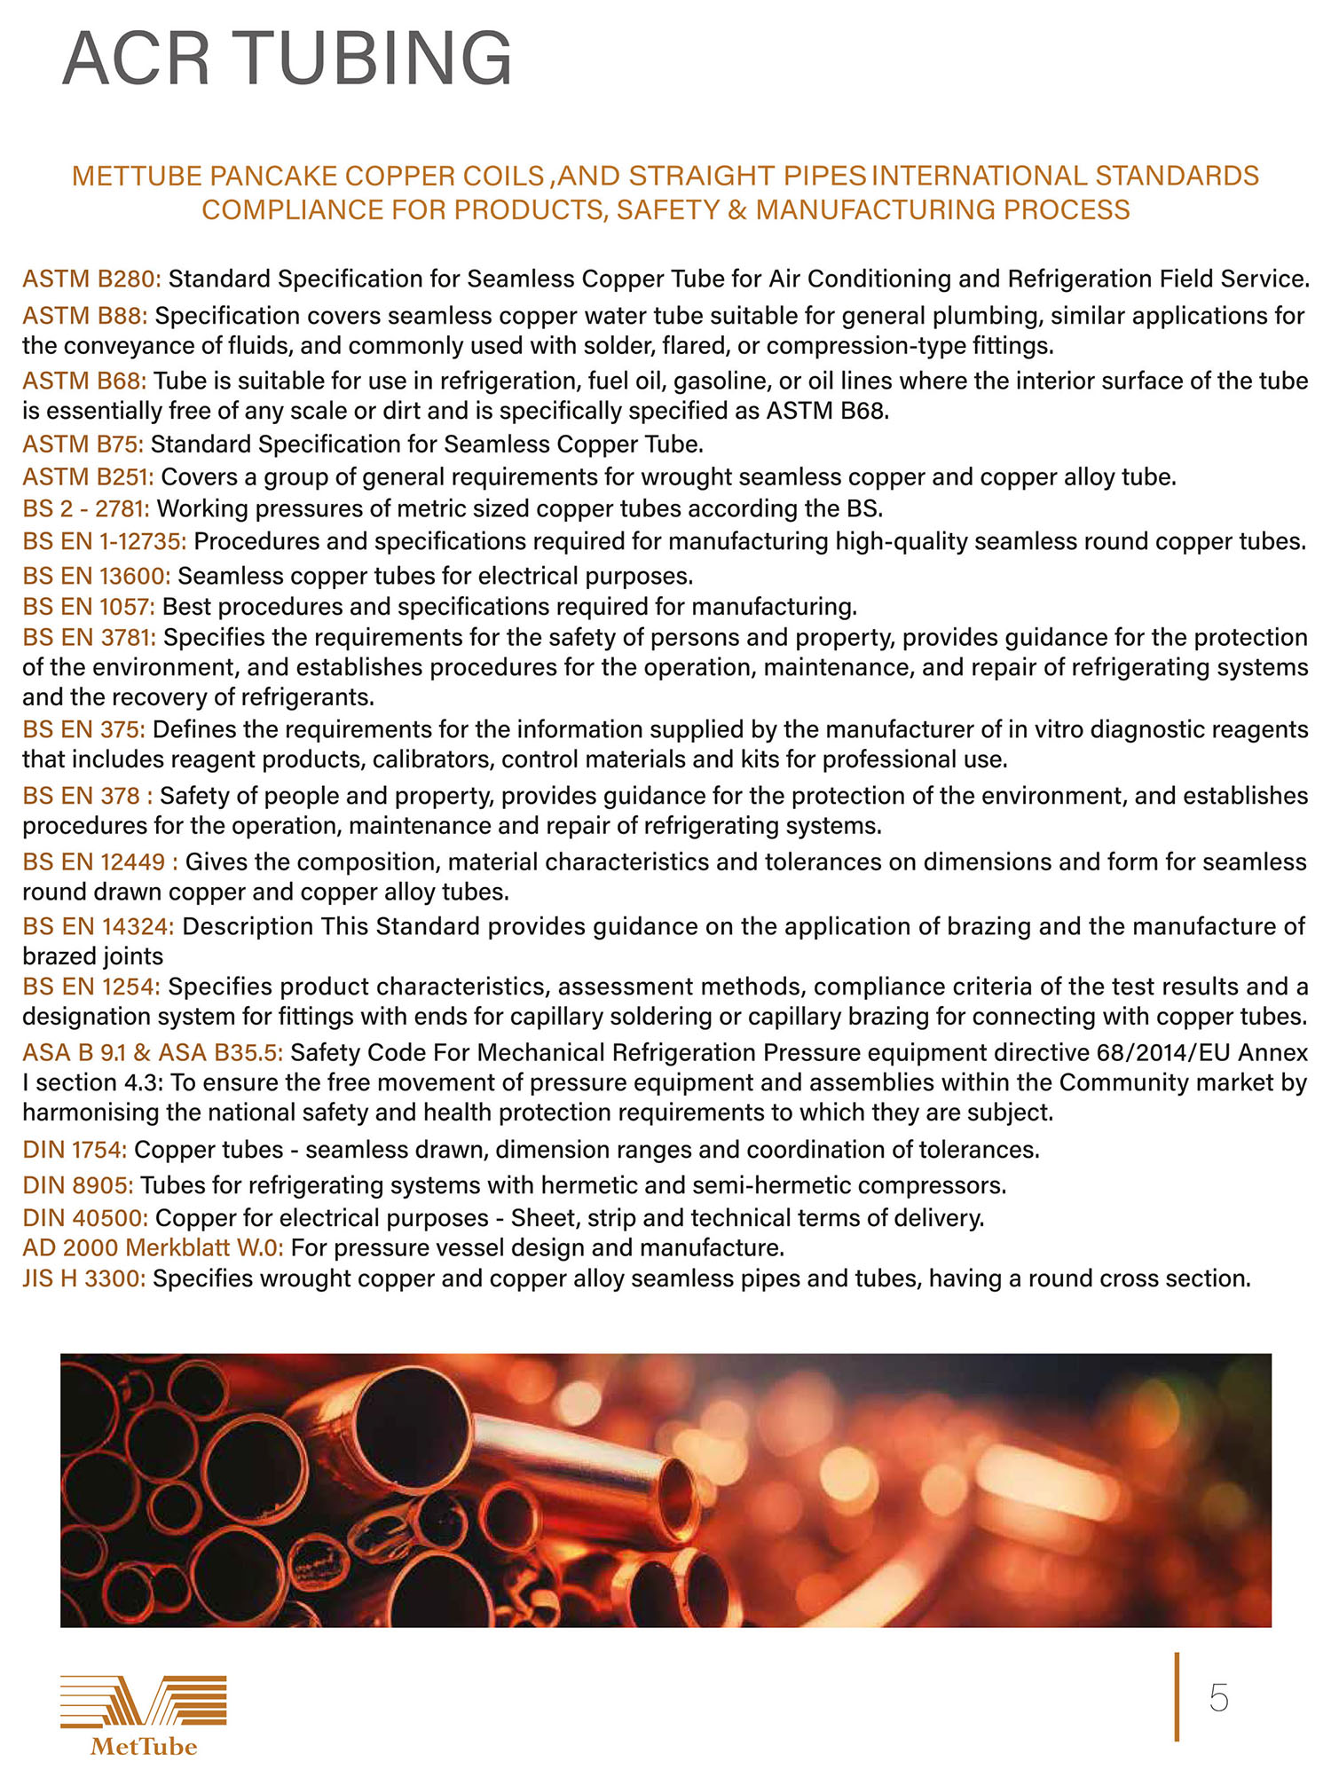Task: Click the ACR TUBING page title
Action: (287, 59)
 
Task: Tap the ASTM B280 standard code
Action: (91, 279)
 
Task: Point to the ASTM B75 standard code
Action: (83, 444)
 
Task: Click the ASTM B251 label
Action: (88, 477)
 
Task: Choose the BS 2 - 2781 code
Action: (86, 509)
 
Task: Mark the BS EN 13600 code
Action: (96, 577)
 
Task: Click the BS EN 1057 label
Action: (89, 607)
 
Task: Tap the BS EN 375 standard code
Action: (83, 730)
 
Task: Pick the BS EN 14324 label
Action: (98, 927)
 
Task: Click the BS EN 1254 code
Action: (91, 987)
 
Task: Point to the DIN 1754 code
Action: (75, 1151)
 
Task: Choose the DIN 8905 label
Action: (78, 1186)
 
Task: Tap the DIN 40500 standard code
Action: (85, 1218)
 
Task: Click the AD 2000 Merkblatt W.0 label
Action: (153, 1248)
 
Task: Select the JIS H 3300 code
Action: (84, 1279)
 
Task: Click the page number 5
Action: (1218, 1698)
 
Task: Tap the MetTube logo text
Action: (143, 1747)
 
